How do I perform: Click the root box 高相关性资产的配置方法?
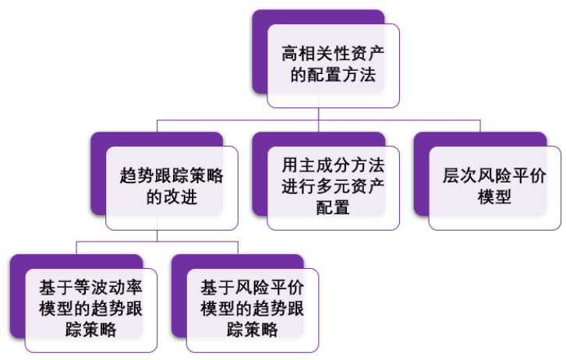point(333,65)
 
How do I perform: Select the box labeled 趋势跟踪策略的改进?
point(172,187)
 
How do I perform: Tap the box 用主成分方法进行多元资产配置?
point(333,187)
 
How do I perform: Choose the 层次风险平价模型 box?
point(494,187)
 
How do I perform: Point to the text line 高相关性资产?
point(333,55)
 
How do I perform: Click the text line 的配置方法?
point(333,76)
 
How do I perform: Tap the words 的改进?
point(172,198)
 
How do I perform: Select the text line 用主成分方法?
point(333,166)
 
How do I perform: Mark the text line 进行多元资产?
point(333,187)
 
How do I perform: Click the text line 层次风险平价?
point(494,176)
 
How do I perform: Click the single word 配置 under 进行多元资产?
point(333,208)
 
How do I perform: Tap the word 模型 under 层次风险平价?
point(494,198)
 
